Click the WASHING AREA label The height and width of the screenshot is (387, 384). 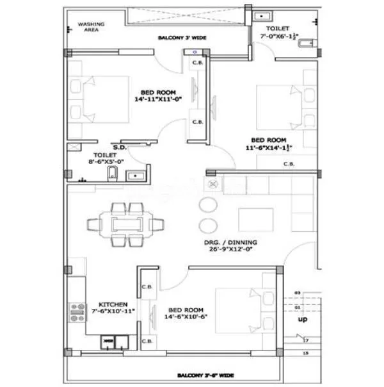pyautogui.click(x=92, y=27)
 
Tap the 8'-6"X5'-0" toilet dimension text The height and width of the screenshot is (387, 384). pyautogui.click(x=104, y=163)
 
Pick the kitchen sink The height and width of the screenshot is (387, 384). pyautogui.click(x=109, y=343)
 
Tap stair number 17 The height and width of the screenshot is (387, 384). pyautogui.click(x=307, y=340)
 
